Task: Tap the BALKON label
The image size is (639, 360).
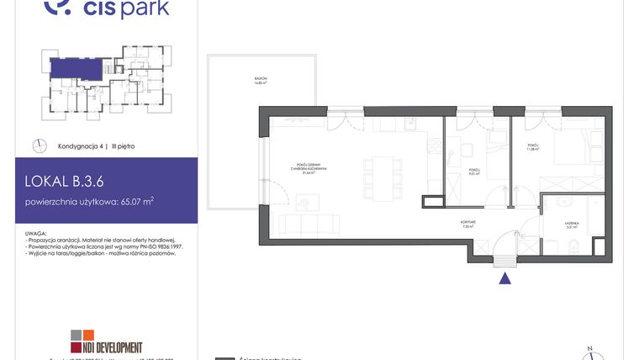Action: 261,80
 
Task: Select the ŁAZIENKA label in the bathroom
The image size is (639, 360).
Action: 574,224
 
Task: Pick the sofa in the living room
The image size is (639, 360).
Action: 309,225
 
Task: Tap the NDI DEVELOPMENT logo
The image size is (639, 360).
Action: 106,341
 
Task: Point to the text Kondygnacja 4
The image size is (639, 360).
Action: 82,146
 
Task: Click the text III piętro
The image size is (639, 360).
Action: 123,146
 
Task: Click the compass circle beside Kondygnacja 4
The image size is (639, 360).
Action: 39,146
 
